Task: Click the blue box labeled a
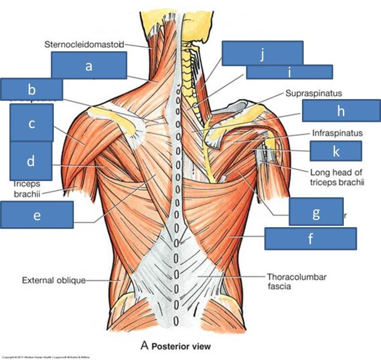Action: coord(89,65)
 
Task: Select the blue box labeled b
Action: coord(31,90)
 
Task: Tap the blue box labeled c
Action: coord(31,123)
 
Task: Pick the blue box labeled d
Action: coord(30,160)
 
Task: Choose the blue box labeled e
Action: coord(37,215)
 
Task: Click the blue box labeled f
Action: coord(311,238)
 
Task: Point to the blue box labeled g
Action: coord(316,212)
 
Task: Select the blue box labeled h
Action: coord(341,110)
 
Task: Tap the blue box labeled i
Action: coord(289,72)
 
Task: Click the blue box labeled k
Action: coord(336,151)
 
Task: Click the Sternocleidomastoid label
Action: coord(84,45)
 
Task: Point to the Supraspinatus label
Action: coord(313,94)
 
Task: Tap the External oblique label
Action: coord(53,280)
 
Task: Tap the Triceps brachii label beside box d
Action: coord(26,187)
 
